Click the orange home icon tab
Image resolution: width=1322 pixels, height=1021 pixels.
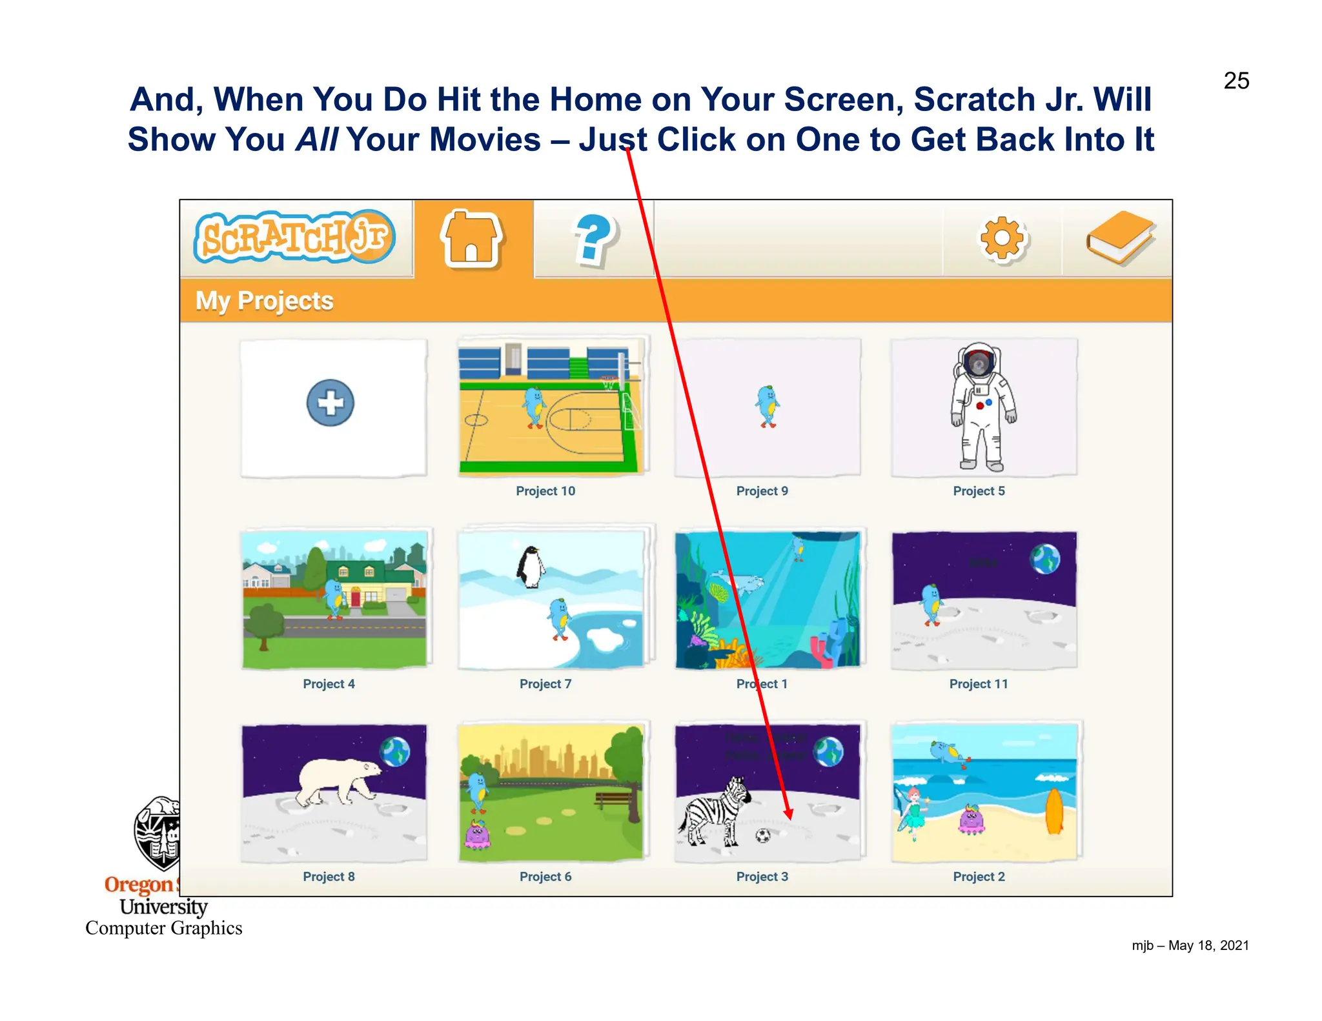472,239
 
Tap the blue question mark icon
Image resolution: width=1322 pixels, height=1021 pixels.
593,240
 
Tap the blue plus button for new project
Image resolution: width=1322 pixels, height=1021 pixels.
330,403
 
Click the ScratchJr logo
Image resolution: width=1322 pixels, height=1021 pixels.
294,237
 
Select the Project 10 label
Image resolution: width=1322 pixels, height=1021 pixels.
545,491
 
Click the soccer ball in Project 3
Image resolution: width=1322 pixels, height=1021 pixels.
763,836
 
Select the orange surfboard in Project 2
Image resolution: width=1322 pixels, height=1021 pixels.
1053,811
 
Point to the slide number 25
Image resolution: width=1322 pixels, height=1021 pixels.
1236,81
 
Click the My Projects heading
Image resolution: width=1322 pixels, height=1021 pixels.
265,301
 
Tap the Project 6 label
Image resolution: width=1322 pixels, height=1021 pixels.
545,876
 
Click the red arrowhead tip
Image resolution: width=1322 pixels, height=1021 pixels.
789,818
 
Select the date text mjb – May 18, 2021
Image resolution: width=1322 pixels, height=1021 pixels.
1190,945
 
